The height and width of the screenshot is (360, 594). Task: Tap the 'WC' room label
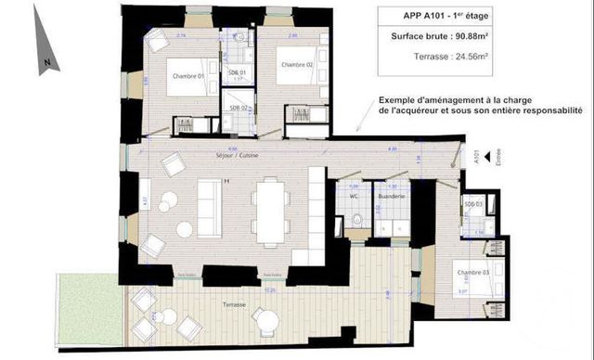pyautogui.click(x=353, y=197)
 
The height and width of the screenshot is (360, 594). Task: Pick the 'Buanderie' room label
pyautogui.click(x=389, y=197)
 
